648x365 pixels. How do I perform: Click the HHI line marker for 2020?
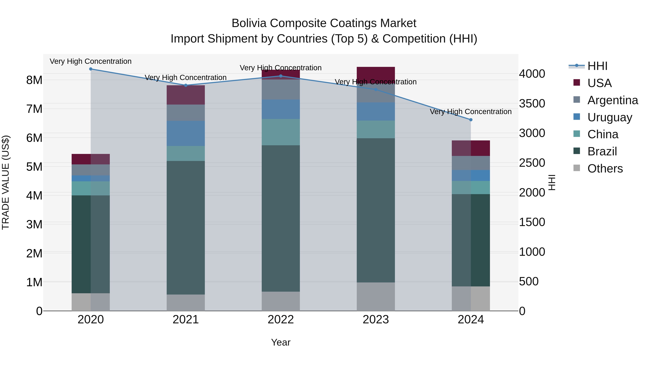(x=91, y=69)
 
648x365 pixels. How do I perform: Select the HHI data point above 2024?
(x=471, y=120)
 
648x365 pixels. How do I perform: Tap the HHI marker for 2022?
(x=281, y=76)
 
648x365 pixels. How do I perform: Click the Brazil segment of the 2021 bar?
(x=186, y=227)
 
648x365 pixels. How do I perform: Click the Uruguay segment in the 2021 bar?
(x=186, y=133)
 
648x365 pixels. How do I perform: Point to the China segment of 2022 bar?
(x=281, y=132)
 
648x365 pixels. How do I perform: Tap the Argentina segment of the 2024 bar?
(x=471, y=163)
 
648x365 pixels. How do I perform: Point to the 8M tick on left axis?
(x=34, y=80)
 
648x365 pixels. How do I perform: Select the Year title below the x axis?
(x=281, y=342)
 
